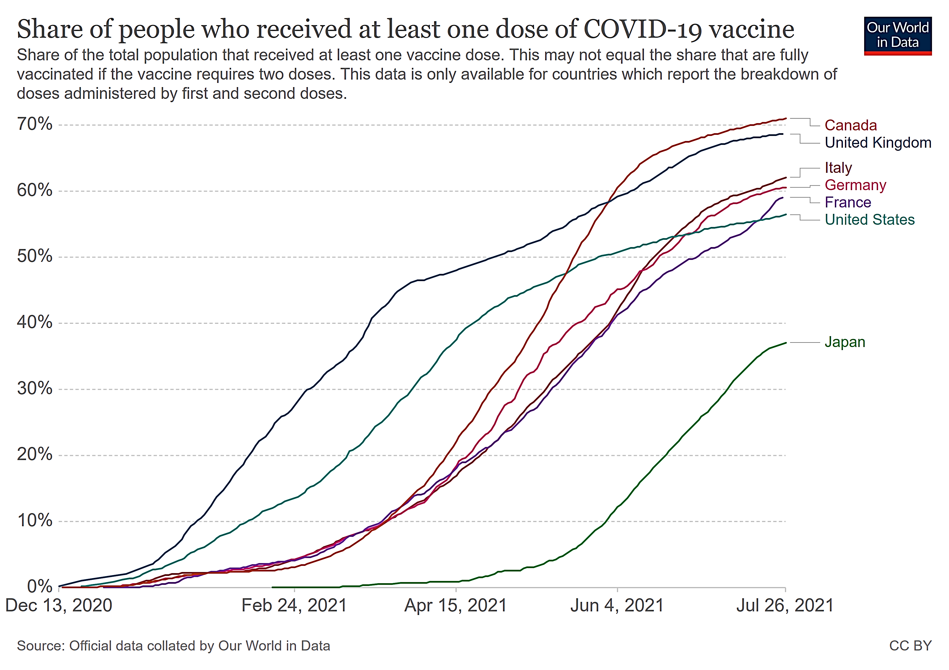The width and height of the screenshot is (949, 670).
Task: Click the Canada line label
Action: tap(850, 125)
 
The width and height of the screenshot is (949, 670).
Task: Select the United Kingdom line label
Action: tap(878, 143)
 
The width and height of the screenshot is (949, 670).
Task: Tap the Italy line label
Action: tap(838, 168)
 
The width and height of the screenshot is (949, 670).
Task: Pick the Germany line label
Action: tap(855, 185)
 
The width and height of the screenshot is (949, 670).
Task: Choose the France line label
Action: tap(847, 202)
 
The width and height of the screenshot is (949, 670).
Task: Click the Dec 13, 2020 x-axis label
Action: tap(59, 606)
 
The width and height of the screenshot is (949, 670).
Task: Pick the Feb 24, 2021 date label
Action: tap(294, 606)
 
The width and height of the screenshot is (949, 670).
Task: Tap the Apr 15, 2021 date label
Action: tap(456, 606)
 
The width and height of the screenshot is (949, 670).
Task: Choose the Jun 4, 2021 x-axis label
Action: tap(617, 606)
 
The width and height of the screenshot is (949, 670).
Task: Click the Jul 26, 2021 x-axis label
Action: tap(785, 606)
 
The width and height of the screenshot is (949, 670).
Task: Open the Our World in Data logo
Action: tap(897, 35)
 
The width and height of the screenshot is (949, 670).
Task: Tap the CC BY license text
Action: tap(910, 646)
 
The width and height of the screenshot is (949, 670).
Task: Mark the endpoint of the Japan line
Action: tap(785, 343)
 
